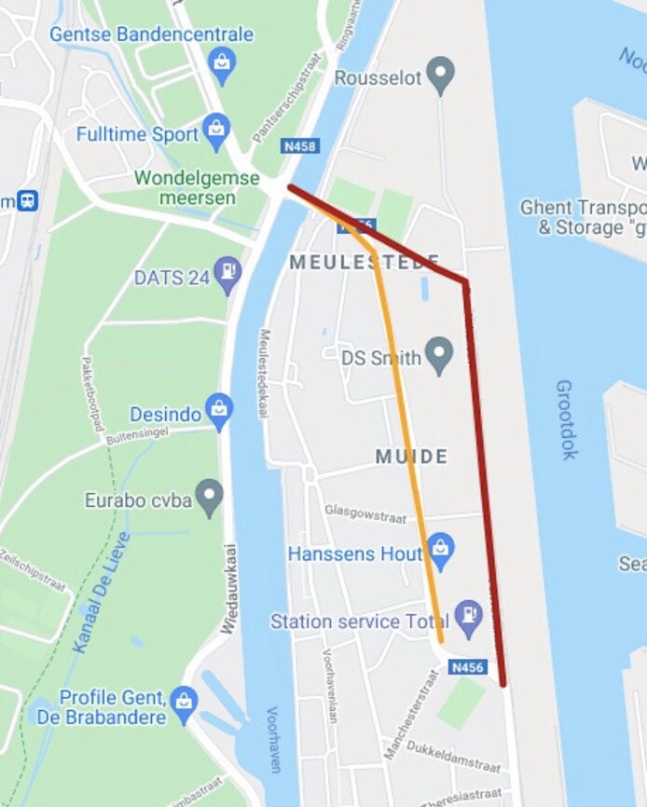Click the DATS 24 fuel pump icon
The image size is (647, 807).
click(x=227, y=276)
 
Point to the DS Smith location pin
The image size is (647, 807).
click(x=437, y=355)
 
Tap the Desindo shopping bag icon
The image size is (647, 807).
click(x=219, y=412)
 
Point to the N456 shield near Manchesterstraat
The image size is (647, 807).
click(x=468, y=667)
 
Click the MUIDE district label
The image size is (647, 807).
click(x=411, y=457)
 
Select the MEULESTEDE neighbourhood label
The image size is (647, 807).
click(x=364, y=262)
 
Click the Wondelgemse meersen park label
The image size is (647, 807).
click(x=185, y=186)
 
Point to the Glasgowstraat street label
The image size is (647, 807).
click(x=365, y=512)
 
